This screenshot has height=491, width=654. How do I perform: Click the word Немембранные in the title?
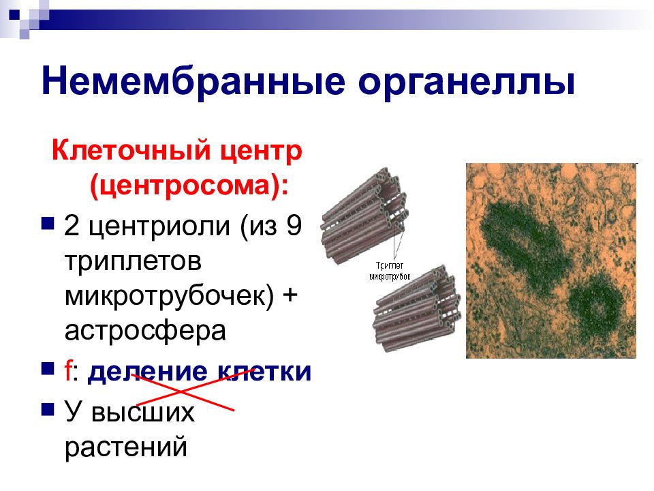[x=193, y=80]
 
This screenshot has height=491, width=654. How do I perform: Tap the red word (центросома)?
[x=189, y=185]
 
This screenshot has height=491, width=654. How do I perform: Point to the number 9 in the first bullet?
[x=294, y=226]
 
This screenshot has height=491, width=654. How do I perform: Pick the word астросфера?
[x=145, y=331]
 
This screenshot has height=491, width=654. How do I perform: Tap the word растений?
[x=126, y=447]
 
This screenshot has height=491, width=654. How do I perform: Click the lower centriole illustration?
[x=417, y=309]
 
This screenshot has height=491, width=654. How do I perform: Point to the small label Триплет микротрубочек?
[x=390, y=271]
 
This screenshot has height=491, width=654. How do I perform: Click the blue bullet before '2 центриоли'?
[x=48, y=223]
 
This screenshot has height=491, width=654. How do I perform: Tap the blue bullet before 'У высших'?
[x=48, y=410]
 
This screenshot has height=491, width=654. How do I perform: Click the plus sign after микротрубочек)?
[x=290, y=295]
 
